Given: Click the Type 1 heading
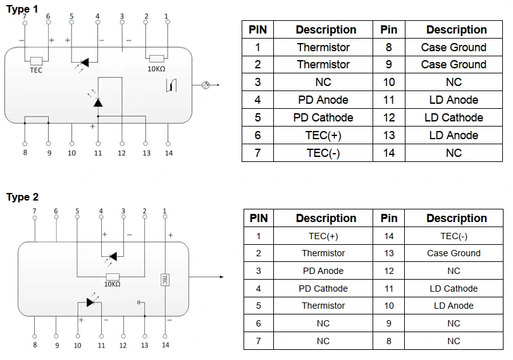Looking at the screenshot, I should coord(22,9).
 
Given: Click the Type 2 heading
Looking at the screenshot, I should coord(22,197).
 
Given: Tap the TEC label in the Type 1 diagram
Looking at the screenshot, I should coord(36,70).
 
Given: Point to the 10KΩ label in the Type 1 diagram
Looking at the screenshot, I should coord(156,68).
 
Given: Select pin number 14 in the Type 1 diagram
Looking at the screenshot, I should coord(168,152).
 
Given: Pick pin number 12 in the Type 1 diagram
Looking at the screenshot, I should coord(121,152).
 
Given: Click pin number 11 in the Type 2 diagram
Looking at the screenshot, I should coord(101,345).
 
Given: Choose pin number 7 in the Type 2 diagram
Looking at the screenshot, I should coord(34,211).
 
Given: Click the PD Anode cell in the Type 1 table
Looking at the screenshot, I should coord(323,100).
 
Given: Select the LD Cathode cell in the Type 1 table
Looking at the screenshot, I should coord(454,118).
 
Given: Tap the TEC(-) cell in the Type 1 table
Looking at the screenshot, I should coord(323,153).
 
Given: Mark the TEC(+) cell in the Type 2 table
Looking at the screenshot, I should coord(323,236).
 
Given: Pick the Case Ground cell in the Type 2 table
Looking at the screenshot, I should coord(454,253).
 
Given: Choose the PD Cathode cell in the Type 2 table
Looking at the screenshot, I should coord(323,289).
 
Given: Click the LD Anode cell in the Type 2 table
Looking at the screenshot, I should coord(454,306).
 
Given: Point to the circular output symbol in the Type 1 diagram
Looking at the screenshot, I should coord(204,85).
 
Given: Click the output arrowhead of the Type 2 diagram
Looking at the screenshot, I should coord(221,276).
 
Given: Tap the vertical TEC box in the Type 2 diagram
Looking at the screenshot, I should coord(164,278).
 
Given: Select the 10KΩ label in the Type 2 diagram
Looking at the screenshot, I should coord(112,285).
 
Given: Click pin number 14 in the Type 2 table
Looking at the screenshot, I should coord(389,236).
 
